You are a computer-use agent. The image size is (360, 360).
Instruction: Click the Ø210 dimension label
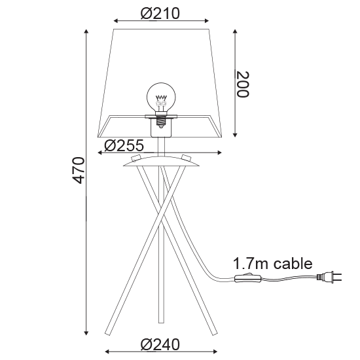click(x=160, y=14)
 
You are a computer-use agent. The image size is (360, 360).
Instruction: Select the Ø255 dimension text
click(x=124, y=145)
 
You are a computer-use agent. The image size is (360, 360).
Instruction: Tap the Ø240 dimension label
click(x=160, y=344)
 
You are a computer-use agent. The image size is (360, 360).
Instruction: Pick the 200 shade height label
click(x=242, y=84)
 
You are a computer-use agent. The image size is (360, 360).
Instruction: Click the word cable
click(x=293, y=263)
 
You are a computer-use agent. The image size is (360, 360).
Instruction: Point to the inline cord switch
click(x=248, y=278)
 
